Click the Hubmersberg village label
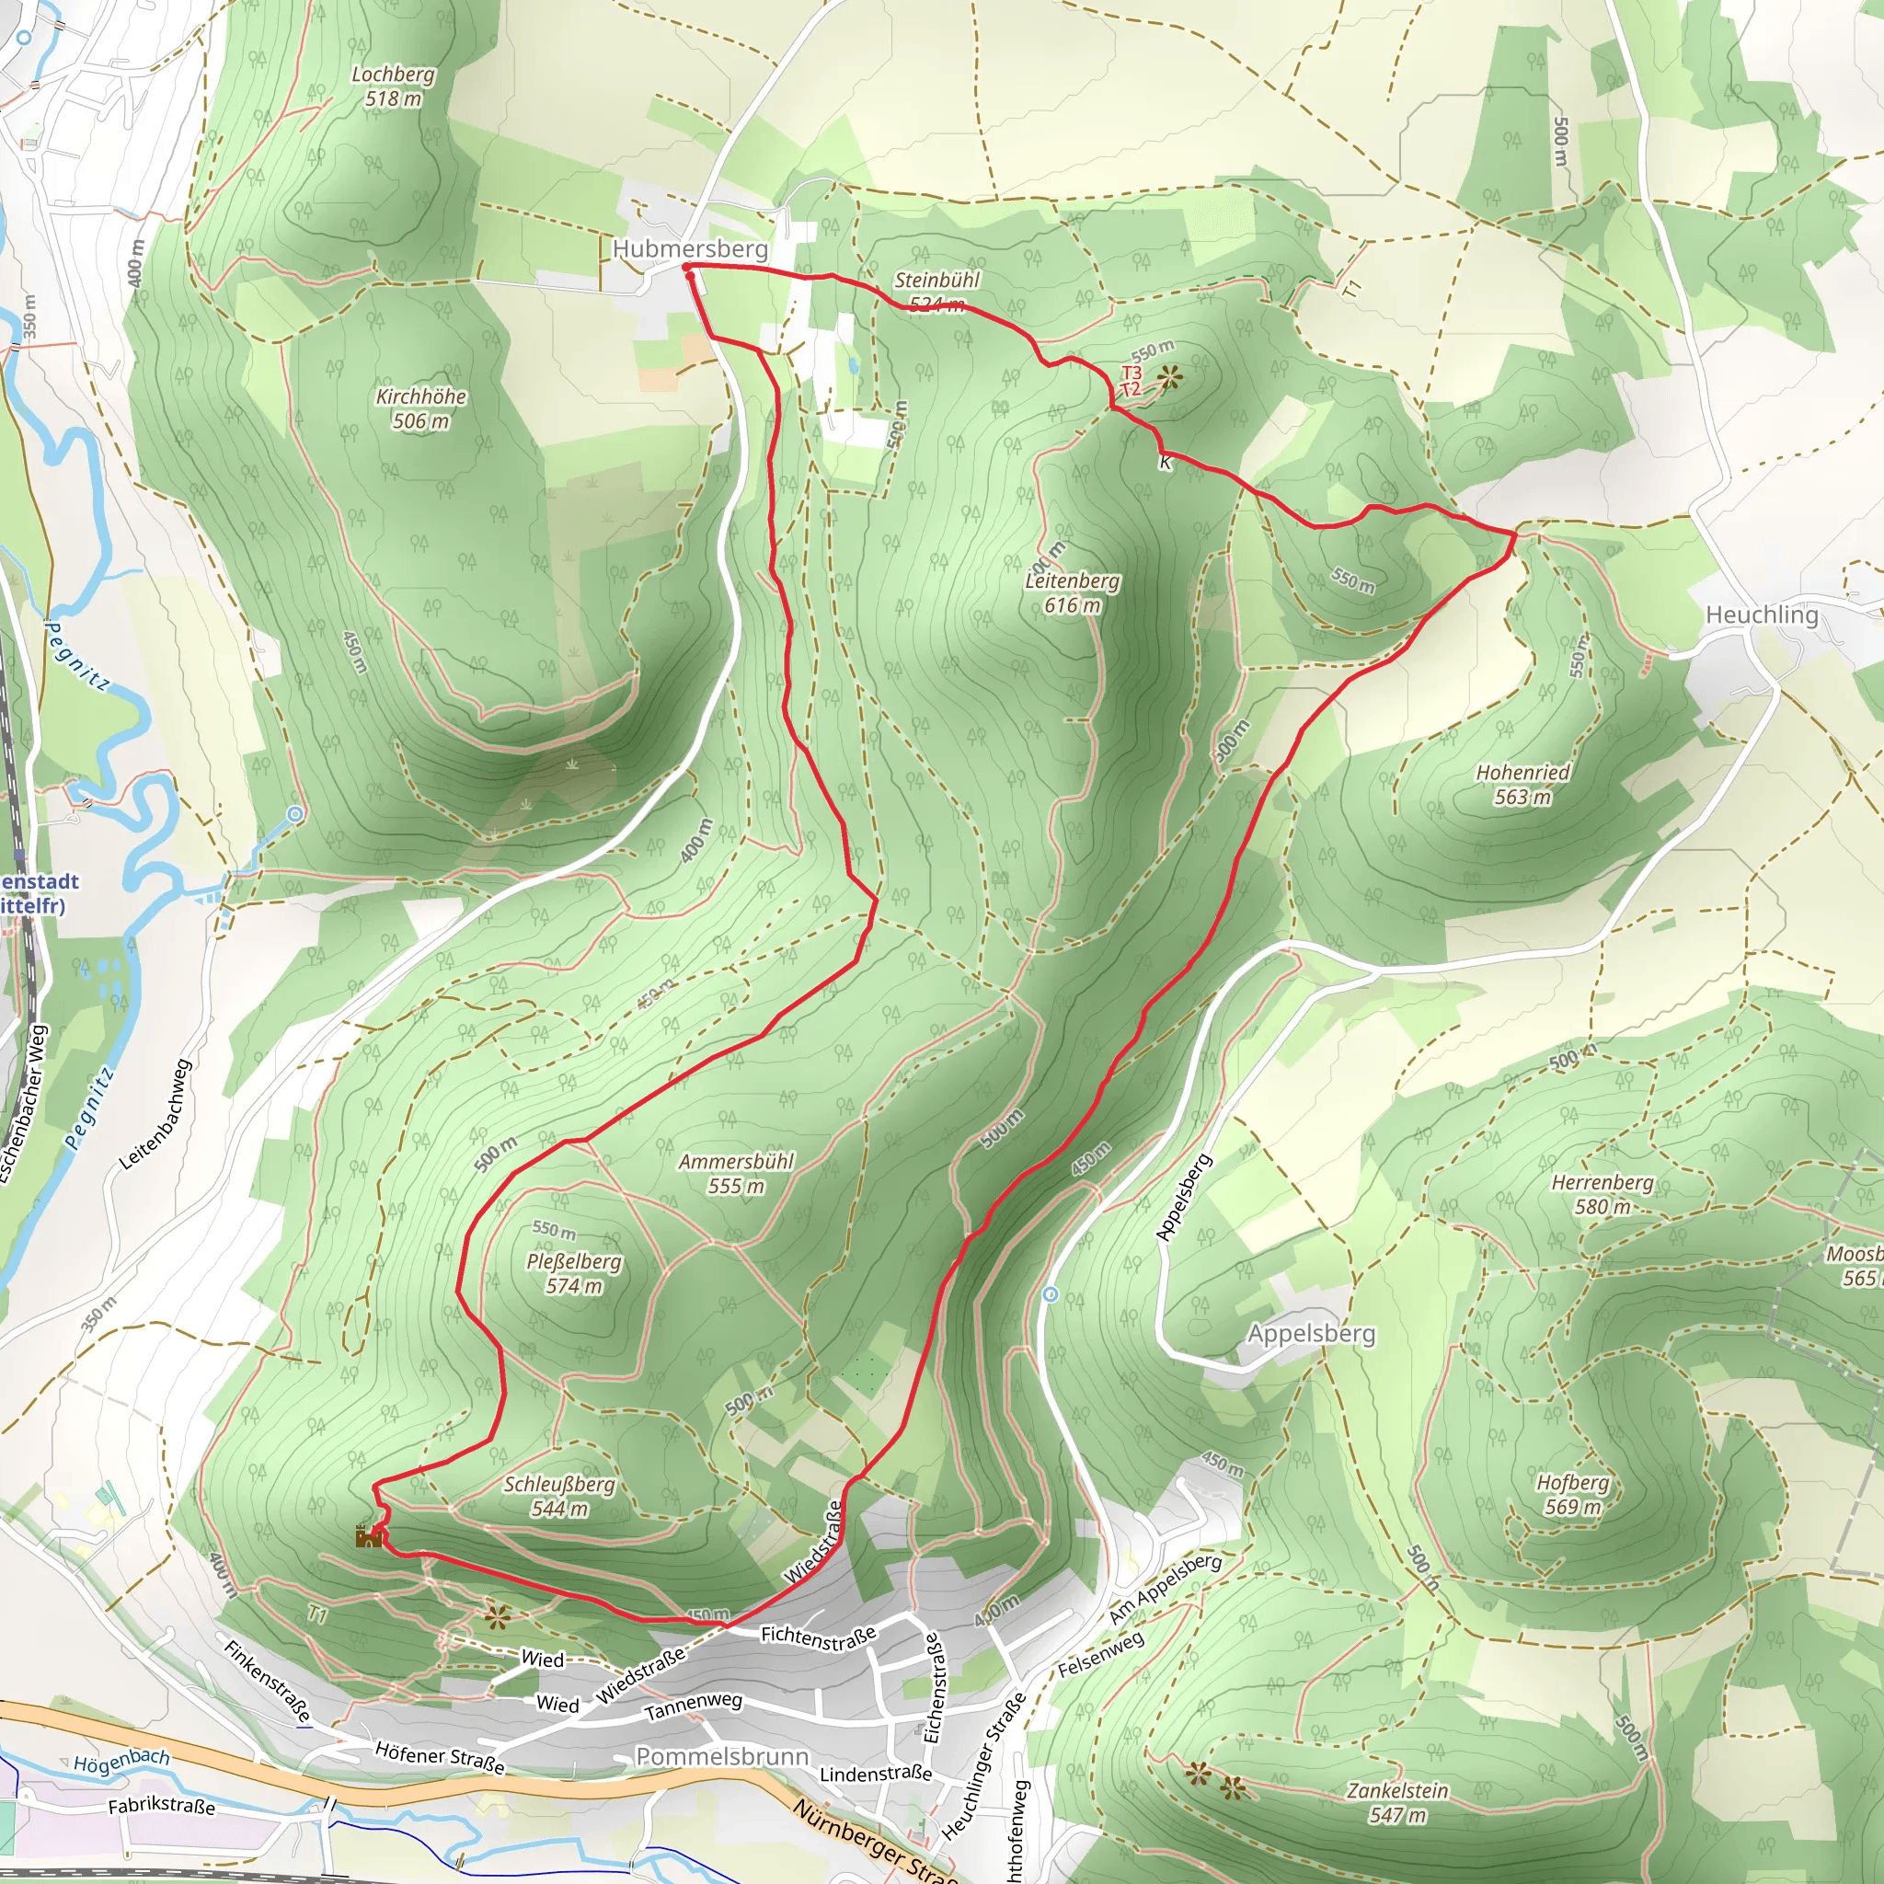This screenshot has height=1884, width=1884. (689, 248)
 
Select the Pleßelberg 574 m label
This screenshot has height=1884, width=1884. (573, 1273)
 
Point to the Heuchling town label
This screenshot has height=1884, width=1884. (1761, 615)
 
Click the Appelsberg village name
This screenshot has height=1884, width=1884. (1311, 1333)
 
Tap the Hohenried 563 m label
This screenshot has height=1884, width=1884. (1522, 785)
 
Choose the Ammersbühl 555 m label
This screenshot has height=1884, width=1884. (736, 1174)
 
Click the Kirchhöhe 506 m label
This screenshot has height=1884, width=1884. (420, 408)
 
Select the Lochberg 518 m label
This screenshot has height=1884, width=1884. (393, 86)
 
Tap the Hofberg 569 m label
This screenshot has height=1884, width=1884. (1572, 1494)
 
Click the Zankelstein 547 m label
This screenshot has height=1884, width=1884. (1396, 1803)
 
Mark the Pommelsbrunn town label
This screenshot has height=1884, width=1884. (721, 1756)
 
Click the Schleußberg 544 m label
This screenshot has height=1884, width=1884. (558, 1496)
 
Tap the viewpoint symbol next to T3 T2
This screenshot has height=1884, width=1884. (1168, 376)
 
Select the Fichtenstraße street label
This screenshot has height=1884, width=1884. (817, 1638)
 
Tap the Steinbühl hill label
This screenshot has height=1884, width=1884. (936, 291)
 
